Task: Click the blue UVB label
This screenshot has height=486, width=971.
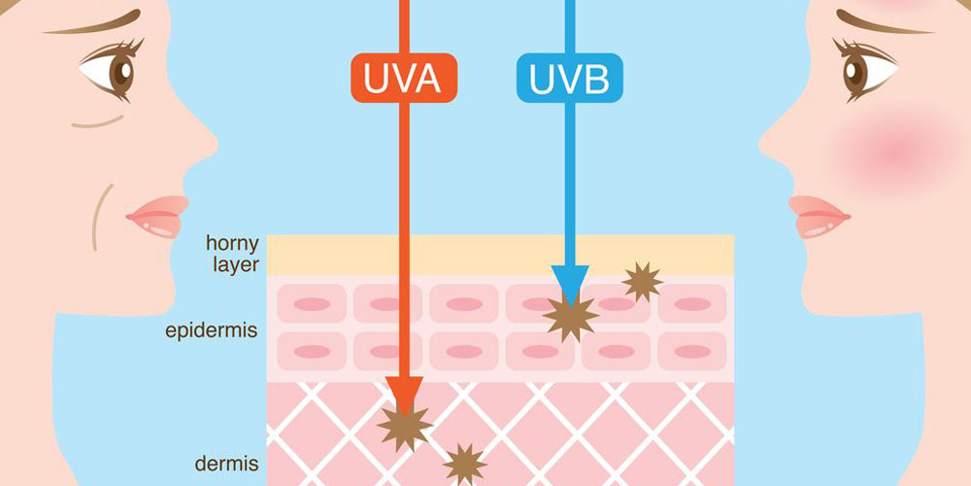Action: [x=569, y=79]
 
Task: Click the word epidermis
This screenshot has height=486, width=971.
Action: [x=211, y=331]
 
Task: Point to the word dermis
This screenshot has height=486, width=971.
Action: [x=226, y=464]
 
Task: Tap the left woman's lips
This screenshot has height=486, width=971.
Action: [x=155, y=216]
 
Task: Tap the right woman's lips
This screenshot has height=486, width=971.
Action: [x=816, y=216]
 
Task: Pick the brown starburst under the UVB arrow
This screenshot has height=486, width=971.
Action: [x=570, y=317]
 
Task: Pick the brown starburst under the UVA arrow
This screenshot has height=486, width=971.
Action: [x=405, y=427]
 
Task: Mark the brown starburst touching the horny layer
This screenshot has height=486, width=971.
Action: [x=642, y=282]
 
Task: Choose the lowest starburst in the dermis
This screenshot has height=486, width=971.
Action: [x=465, y=464]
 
